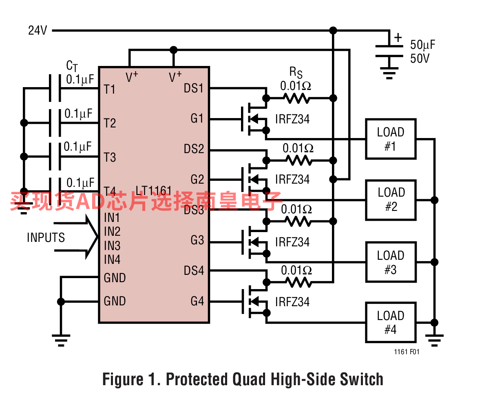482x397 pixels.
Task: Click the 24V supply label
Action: point(38,31)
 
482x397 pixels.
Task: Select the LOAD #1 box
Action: point(391,139)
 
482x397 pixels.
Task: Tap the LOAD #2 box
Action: point(391,200)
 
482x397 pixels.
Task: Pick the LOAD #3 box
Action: point(391,262)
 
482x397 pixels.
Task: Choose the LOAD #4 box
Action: point(391,322)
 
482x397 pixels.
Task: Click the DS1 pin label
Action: point(194,88)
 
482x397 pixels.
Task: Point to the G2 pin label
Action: point(197,179)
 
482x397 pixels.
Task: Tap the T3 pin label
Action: point(110,157)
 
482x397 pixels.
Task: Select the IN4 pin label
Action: point(112,260)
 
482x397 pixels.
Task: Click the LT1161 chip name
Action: point(153,191)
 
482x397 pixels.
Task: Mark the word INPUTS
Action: point(46,237)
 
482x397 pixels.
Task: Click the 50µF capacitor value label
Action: point(423,45)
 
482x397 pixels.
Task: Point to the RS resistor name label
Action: point(296,72)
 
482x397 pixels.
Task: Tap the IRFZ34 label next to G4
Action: point(292,302)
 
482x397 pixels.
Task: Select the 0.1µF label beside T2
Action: point(78,114)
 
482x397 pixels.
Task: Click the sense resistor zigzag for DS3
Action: point(298,221)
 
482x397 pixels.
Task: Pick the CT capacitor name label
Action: point(72,66)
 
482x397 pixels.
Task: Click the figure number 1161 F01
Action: point(407,352)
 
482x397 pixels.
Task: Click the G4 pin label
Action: point(197,301)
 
